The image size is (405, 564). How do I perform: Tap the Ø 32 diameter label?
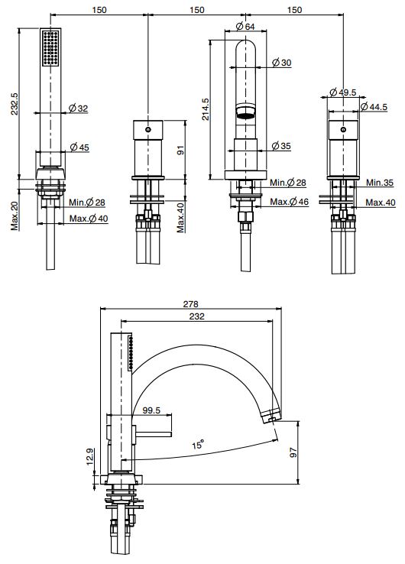[78, 109]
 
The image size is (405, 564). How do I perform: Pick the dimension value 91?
[182, 151]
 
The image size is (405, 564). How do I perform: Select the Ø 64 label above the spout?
[245, 26]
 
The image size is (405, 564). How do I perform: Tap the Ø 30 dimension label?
[281, 63]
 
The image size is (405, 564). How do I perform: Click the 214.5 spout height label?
[204, 109]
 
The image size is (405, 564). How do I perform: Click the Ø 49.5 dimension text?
[344, 92]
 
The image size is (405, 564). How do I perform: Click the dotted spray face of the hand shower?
[52, 49]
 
